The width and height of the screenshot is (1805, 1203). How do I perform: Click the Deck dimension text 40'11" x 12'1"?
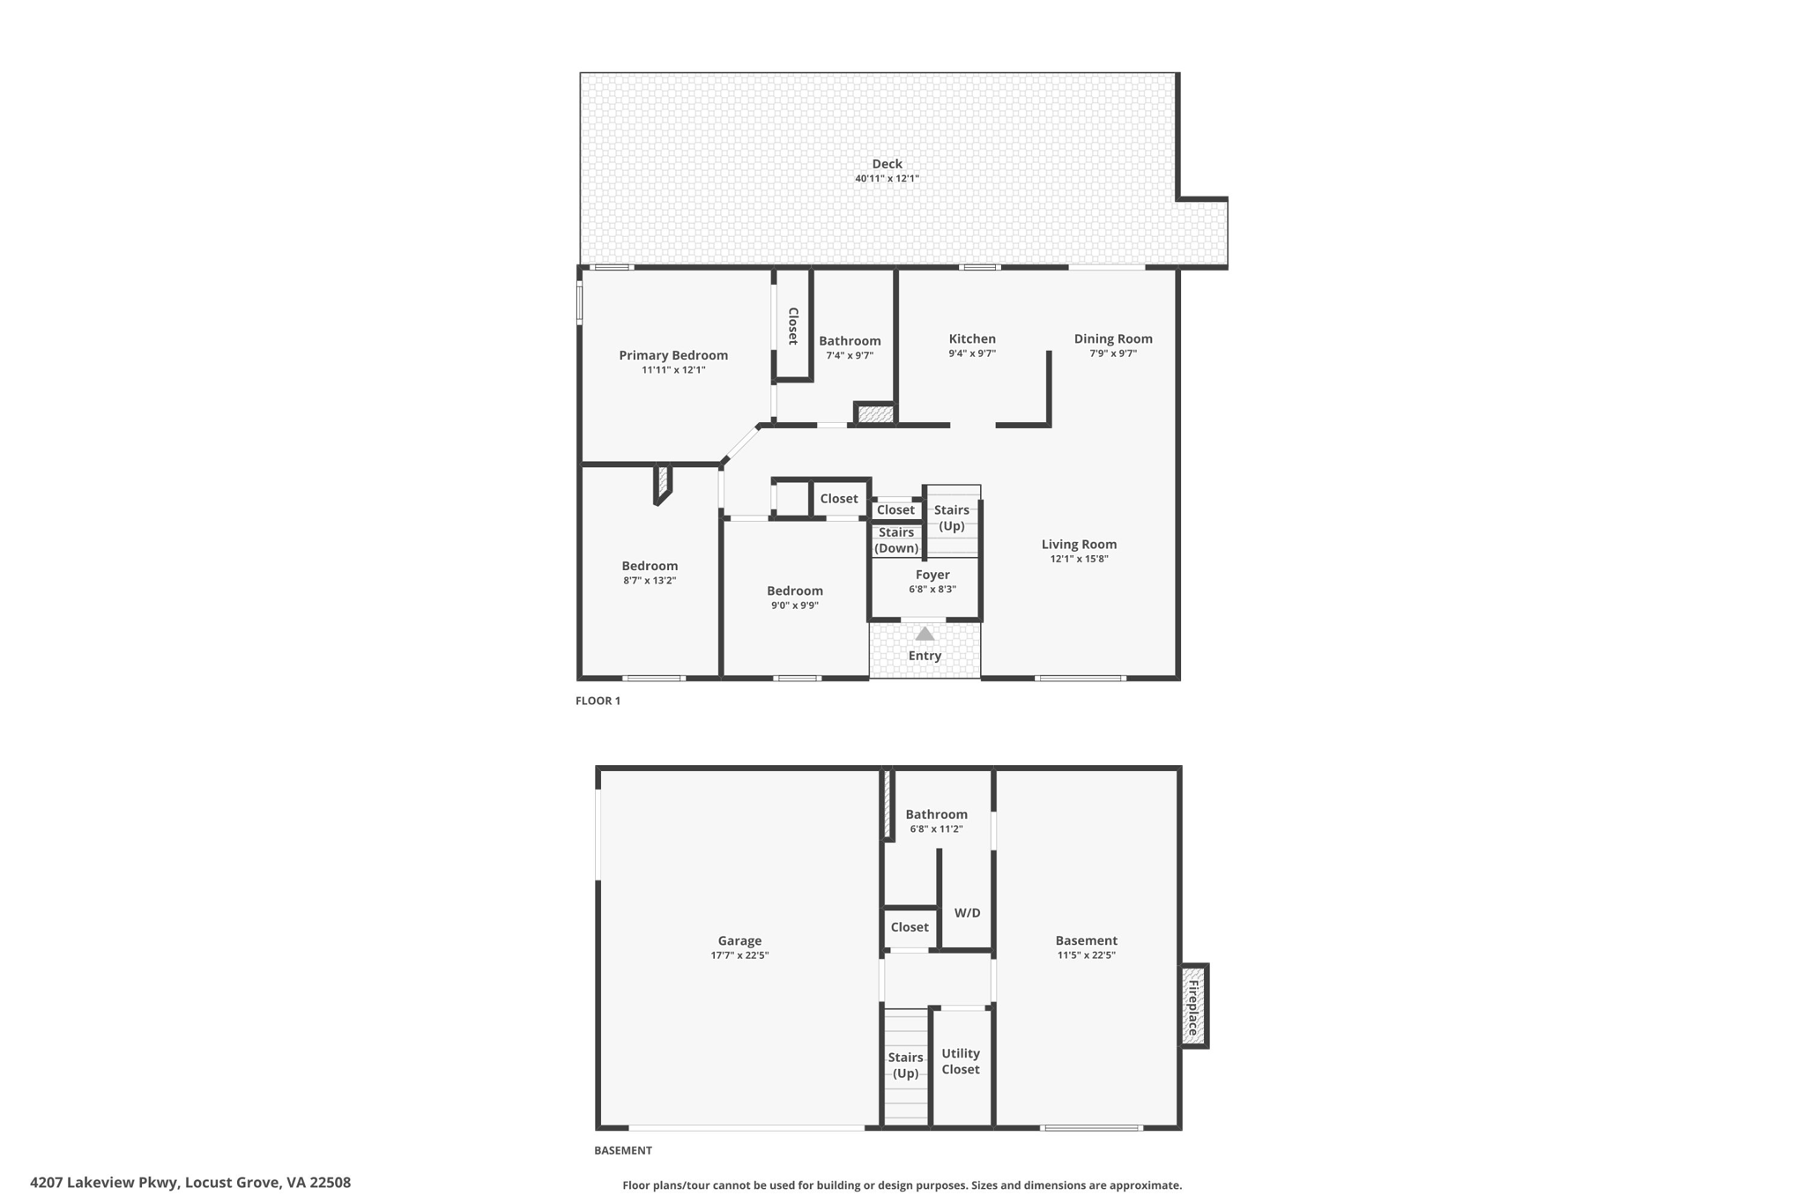[x=887, y=179]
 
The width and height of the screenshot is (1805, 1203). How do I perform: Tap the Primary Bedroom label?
[x=673, y=355]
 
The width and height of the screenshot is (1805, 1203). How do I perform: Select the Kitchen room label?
[x=972, y=338]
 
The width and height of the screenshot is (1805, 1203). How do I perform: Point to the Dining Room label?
[x=1112, y=338]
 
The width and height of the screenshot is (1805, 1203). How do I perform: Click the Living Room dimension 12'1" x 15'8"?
[x=1079, y=559]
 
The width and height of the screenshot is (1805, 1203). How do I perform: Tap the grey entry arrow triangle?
[x=925, y=634]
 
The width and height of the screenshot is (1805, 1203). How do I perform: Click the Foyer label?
[x=932, y=575]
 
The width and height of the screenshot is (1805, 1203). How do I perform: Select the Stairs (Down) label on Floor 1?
[x=896, y=540]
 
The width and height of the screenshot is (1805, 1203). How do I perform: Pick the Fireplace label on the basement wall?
[x=1193, y=1007]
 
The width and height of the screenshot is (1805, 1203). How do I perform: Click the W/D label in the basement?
[x=967, y=913]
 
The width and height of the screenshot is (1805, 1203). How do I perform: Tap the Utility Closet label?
[x=960, y=1061]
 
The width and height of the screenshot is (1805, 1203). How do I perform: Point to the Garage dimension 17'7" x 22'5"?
[x=739, y=955]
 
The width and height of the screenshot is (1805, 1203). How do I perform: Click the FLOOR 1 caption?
[x=598, y=701]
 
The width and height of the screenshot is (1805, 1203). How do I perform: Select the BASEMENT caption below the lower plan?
[x=623, y=1150]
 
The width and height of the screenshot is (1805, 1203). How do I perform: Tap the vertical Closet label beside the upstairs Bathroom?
[x=792, y=326]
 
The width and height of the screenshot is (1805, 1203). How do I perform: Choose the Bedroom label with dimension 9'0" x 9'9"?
[x=794, y=590]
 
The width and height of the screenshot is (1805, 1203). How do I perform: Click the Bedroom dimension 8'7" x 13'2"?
[x=650, y=581]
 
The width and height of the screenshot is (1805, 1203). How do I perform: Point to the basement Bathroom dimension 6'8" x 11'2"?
[x=936, y=829]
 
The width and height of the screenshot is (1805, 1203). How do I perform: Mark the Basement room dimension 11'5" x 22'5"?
[x=1086, y=955]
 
